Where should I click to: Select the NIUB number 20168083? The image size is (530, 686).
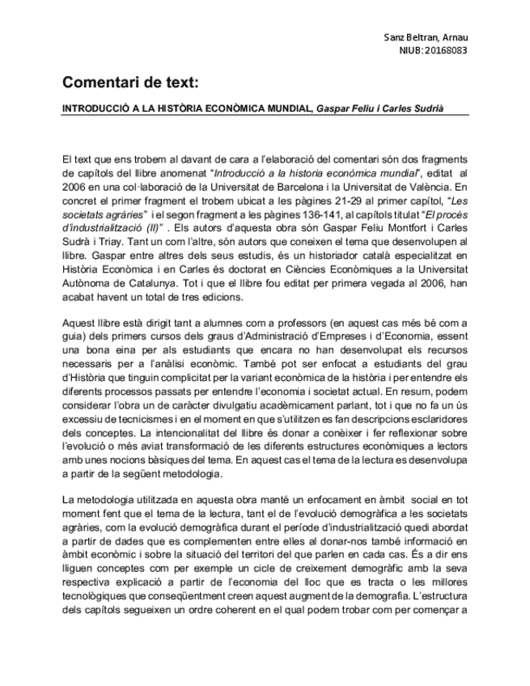(446, 51)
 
